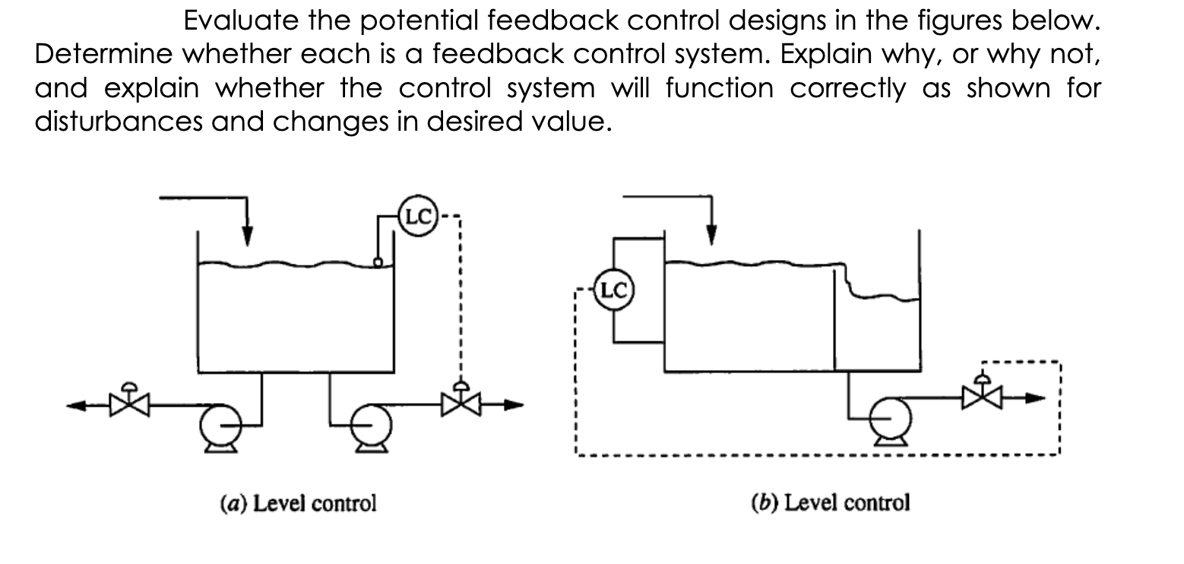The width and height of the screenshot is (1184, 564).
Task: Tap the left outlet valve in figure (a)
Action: point(131,403)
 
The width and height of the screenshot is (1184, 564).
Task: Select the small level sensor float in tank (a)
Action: point(377,262)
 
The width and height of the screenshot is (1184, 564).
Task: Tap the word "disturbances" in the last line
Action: point(127,122)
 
